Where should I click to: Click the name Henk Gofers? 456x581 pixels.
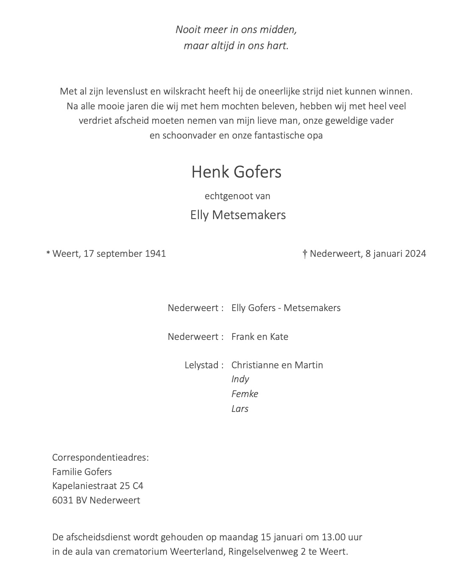236,172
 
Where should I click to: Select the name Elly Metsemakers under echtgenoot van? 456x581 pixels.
238,215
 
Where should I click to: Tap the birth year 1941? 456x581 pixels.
155,254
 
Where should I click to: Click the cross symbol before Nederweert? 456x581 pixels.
305,254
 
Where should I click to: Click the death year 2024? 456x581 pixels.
415,254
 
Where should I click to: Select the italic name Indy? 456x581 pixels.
240,379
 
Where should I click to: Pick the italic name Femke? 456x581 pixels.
245,394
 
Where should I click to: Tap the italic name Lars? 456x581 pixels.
240,409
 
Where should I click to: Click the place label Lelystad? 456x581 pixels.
201,365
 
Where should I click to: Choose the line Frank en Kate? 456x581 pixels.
259,337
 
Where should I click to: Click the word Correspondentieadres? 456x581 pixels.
100,458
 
